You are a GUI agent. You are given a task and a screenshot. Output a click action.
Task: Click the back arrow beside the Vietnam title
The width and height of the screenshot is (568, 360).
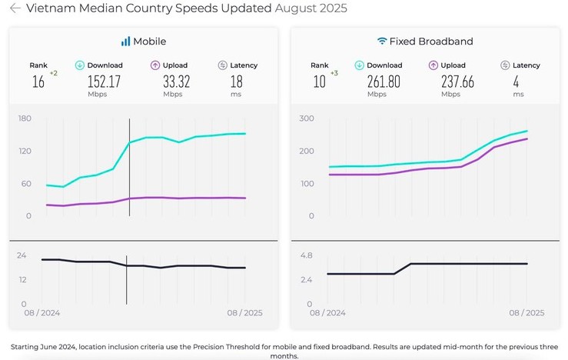click(x=15, y=8)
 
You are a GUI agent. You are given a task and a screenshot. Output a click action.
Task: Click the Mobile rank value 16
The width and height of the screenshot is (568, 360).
click(x=38, y=82)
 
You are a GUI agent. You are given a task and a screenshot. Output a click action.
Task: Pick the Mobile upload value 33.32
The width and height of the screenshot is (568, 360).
click(x=169, y=82)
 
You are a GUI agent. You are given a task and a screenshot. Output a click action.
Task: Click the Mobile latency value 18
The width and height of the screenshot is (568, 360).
click(x=237, y=82)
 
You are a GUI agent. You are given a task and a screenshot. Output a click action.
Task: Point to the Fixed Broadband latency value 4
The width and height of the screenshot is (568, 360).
click(x=519, y=82)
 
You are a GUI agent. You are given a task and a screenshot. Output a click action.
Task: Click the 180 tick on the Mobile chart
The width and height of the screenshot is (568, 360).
click(x=25, y=118)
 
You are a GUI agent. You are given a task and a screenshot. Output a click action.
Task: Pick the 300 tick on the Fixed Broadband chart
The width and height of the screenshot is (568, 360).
click(x=307, y=118)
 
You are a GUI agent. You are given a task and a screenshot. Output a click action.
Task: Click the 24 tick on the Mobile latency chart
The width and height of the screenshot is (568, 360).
click(x=22, y=255)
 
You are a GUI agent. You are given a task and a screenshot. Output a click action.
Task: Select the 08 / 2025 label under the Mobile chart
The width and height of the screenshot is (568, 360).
click(x=244, y=313)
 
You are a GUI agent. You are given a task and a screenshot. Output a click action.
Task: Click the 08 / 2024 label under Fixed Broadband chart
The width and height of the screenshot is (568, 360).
click(x=327, y=313)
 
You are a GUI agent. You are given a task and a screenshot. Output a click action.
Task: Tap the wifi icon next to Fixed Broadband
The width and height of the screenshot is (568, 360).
click(x=382, y=42)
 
